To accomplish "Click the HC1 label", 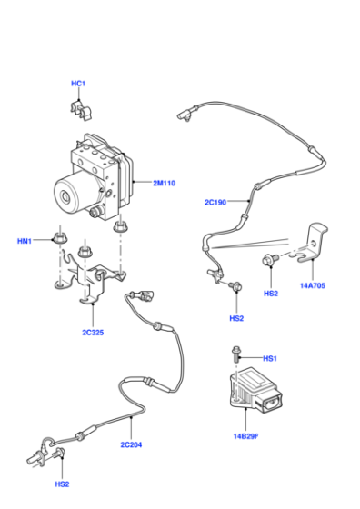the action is point(78,84).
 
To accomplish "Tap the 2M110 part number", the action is point(164,183).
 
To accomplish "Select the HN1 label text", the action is point(25,241).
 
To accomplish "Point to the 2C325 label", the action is point(93,333).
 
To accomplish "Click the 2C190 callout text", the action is point(215,202).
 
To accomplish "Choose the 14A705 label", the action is point(313,286).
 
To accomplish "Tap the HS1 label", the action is point(270,359).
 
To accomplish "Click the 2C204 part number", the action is point(131,444).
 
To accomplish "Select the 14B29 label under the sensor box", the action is point(245,436).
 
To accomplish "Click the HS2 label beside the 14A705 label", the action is point(271,294).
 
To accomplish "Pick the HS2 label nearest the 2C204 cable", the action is point(62,484).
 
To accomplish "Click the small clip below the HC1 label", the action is point(81,111).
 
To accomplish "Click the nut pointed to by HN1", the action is point(59,238).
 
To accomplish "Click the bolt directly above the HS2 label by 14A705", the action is point(270,259).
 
